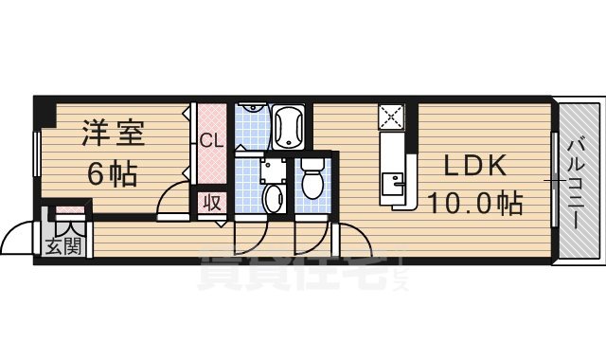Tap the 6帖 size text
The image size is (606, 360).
(x=113, y=174)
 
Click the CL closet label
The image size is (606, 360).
(x=210, y=142)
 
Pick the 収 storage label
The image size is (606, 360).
(x=210, y=203)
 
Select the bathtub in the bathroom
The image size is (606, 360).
(x=287, y=126)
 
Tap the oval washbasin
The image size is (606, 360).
(x=274, y=197)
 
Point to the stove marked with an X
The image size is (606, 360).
(x=391, y=117)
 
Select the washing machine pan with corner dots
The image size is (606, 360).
(x=275, y=170)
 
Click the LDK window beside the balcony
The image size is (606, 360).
(x=553, y=180)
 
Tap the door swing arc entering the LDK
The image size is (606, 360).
(x=348, y=243)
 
